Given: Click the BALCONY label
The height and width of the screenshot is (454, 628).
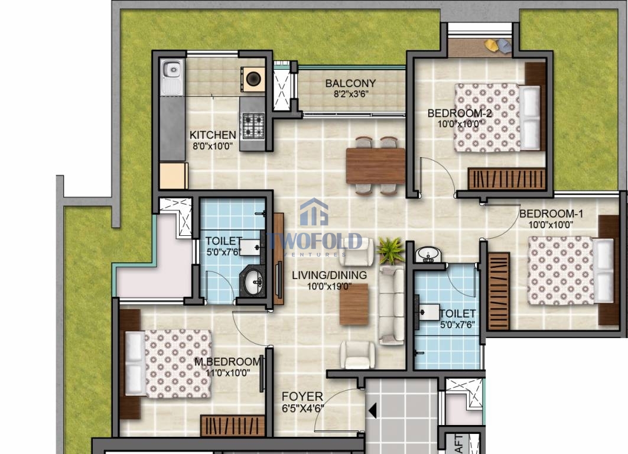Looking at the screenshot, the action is [x=350, y=83].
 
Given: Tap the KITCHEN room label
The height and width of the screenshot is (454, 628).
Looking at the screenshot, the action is [x=213, y=135].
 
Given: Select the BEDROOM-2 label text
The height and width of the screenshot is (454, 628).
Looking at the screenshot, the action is [x=460, y=113].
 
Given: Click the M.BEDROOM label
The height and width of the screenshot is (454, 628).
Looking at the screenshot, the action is [x=227, y=361].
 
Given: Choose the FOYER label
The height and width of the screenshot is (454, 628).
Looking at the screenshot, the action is [x=302, y=397].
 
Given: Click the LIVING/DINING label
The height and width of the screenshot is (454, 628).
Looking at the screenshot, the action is [x=329, y=275].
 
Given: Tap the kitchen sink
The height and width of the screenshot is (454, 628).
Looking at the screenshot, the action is [x=173, y=77].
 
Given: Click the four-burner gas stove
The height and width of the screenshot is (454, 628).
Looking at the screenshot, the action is [x=253, y=125].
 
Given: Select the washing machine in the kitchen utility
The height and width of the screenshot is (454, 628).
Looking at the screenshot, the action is [x=253, y=79].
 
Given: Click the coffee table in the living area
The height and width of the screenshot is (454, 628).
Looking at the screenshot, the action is [x=354, y=304].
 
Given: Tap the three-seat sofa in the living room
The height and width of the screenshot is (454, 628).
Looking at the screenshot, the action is [x=392, y=304].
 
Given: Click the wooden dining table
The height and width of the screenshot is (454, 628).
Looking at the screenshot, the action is [x=376, y=166].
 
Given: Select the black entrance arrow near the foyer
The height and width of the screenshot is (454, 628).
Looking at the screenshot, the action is [x=372, y=411].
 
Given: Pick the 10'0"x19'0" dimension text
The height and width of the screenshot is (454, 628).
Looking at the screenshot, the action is [x=329, y=286].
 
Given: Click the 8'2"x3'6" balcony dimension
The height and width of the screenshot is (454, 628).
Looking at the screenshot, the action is [x=351, y=94].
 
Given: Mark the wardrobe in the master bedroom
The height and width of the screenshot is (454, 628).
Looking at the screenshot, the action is [x=233, y=426].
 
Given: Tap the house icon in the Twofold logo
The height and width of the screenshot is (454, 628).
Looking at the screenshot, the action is [x=314, y=212].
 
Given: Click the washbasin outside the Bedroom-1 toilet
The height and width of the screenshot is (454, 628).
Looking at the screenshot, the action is [x=428, y=255].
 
